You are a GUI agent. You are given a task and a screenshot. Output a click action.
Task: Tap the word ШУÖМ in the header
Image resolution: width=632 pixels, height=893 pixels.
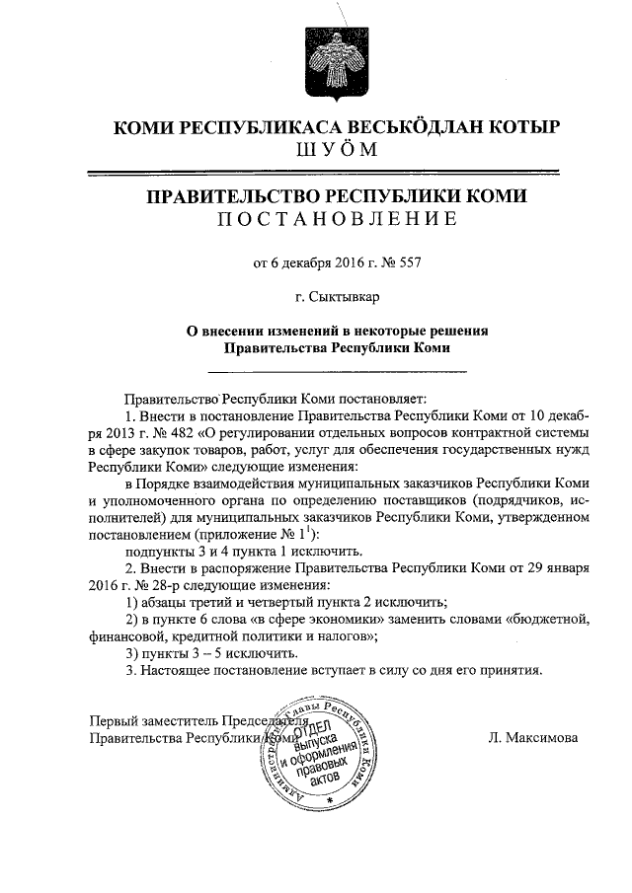point(336,150)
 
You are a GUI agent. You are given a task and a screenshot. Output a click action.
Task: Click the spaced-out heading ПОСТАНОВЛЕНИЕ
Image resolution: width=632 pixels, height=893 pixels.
point(336,218)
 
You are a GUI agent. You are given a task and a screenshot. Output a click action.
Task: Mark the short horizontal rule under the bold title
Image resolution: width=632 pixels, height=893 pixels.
point(336,370)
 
